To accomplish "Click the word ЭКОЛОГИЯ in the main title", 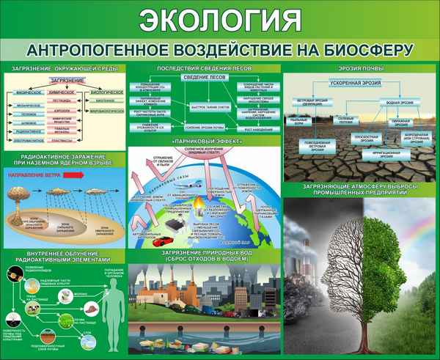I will pyautogui.click(x=220, y=19).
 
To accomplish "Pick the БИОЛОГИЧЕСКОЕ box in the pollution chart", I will pyautogui.click(x=107, y=92).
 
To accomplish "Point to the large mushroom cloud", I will pyautogui.click(x=26, y=196).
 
